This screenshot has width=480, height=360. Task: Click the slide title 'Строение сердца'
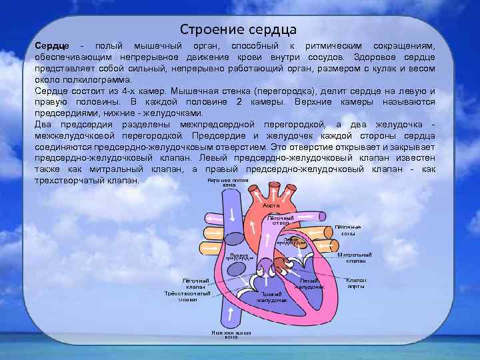click(238, 30)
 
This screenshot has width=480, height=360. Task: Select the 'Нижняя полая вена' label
click(231, 334)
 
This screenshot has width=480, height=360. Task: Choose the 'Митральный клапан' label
click(355, 257)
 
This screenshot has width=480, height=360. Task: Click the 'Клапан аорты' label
click(356, 283)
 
